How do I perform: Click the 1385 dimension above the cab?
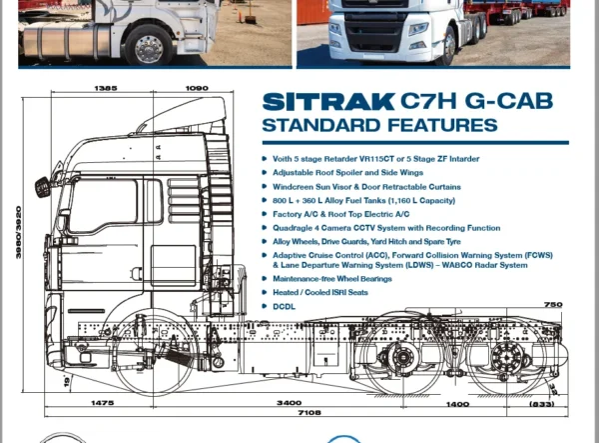tap(106, 88)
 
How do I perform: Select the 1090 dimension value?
tap(197, 88)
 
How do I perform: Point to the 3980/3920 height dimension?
tap(18, 232)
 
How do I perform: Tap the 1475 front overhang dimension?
tap(102, 402)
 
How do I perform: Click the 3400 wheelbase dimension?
tap(289, 402)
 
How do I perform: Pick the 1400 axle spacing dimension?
tap(457, 404)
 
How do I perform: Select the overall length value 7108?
tap(309, 412)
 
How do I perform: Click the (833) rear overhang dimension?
tap(542, 404)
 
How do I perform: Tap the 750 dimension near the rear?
tap(553, 305)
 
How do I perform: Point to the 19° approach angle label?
tap(67, 381)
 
